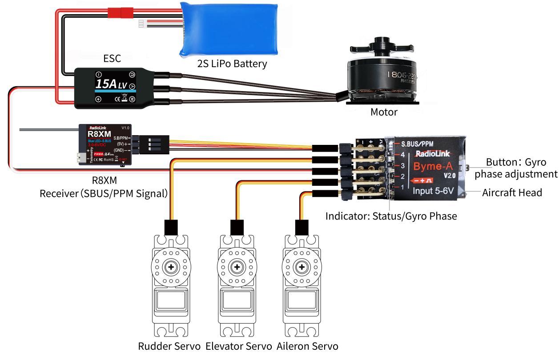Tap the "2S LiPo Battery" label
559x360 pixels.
pyautogui.click(x=232, y=64)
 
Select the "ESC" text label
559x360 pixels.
pyautogui.click(x=112, y=58)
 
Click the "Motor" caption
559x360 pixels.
pyautogui.click(x=384, y=112)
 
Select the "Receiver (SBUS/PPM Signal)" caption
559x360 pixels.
pyautogui.click(x=103, y=194)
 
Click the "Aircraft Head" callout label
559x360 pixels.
pyautogui.click(x=512, y=192)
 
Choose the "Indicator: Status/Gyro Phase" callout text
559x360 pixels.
pyautogui.click(x=391, y=216)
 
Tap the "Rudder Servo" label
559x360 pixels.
pyautogui.click(x=169, y=346)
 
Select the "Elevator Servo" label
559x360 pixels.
pyautogui.click(x=239, y=346)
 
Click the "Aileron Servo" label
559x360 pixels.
pyautogui.click(x=307, y=346)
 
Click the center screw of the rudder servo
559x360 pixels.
pyautogui.click(x=171, y=268)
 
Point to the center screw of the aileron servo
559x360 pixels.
pyautogui.click(x=302, y=268)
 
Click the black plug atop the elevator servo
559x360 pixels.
pyautogui.click(x=237, y=227)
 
